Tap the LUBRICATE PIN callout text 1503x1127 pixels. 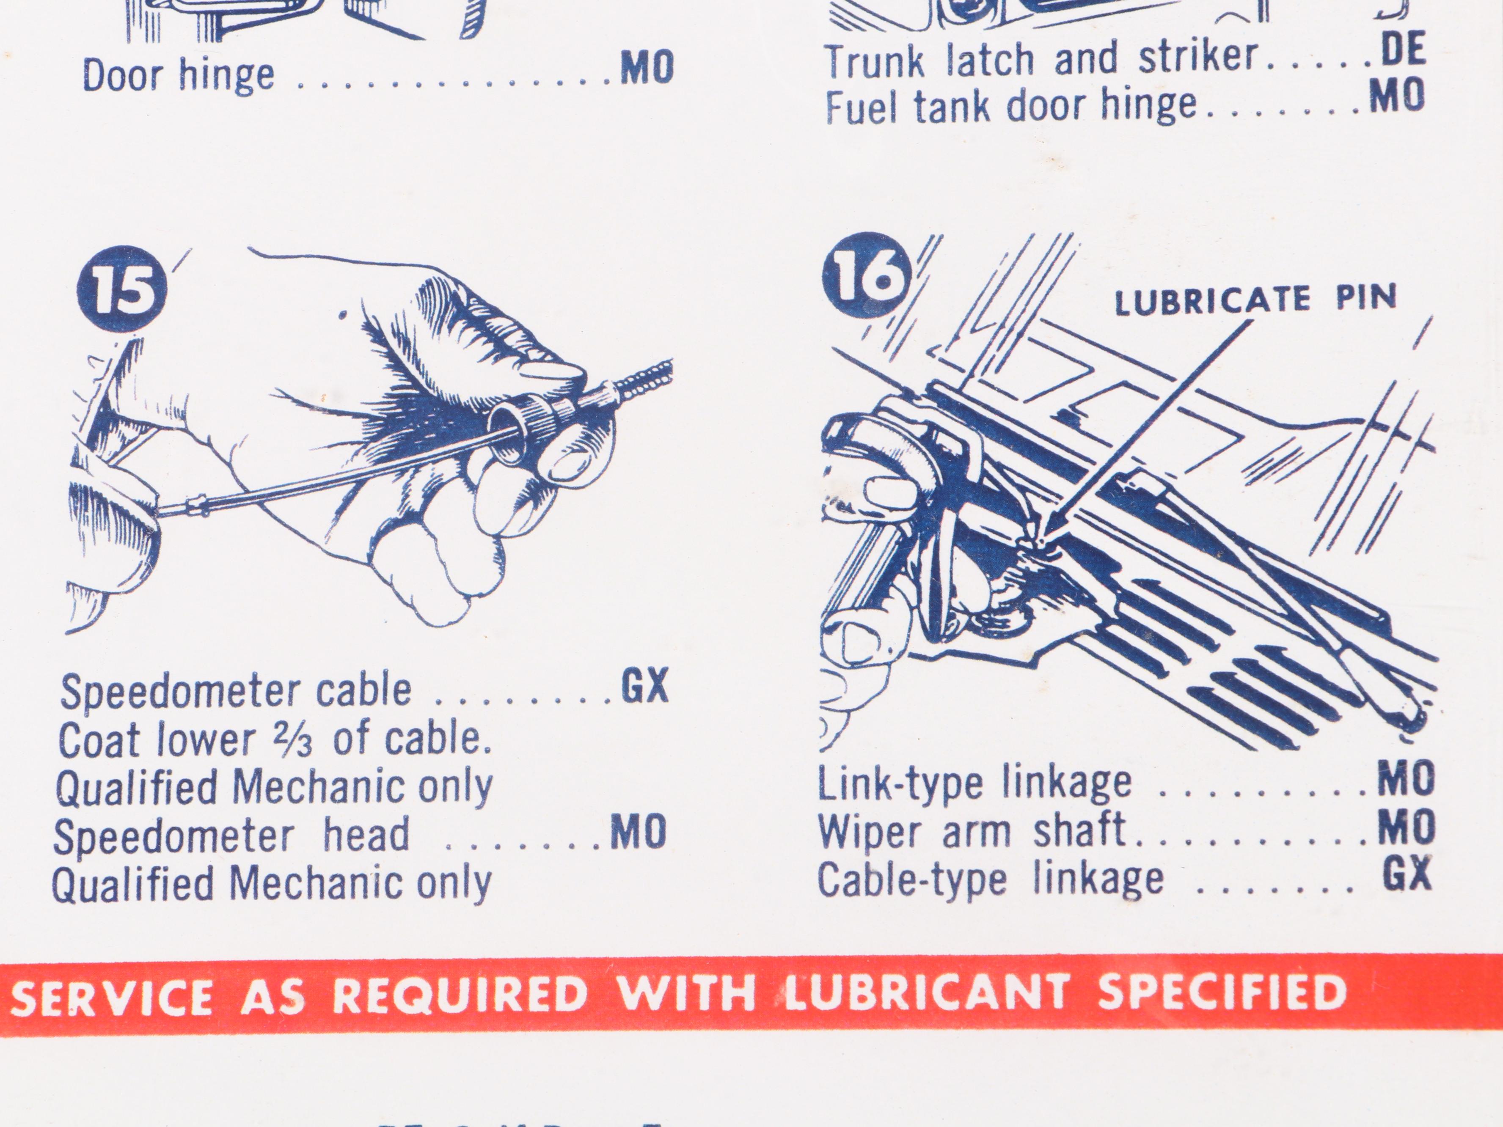1255,300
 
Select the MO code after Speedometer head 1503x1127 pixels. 638,833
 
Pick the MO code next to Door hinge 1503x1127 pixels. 647,68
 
